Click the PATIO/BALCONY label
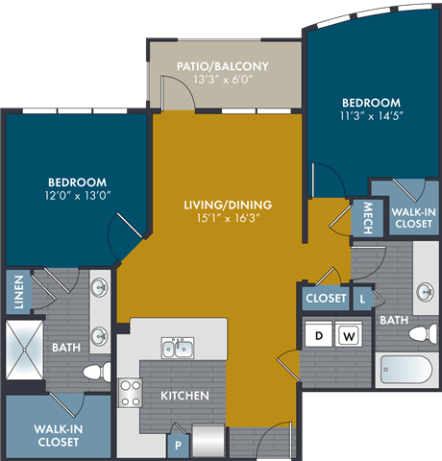(222, 66)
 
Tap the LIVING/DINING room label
(228, 205)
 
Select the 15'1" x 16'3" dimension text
(228, 220)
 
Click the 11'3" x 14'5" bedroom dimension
(370, 118)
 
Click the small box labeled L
(361, 299)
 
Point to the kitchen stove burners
(130, 394)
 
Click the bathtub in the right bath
(408, 370)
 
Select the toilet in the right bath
(420, 333)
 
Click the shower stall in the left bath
(24, 352)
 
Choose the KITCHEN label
(179, 395)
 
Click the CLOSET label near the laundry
(326, 299)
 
